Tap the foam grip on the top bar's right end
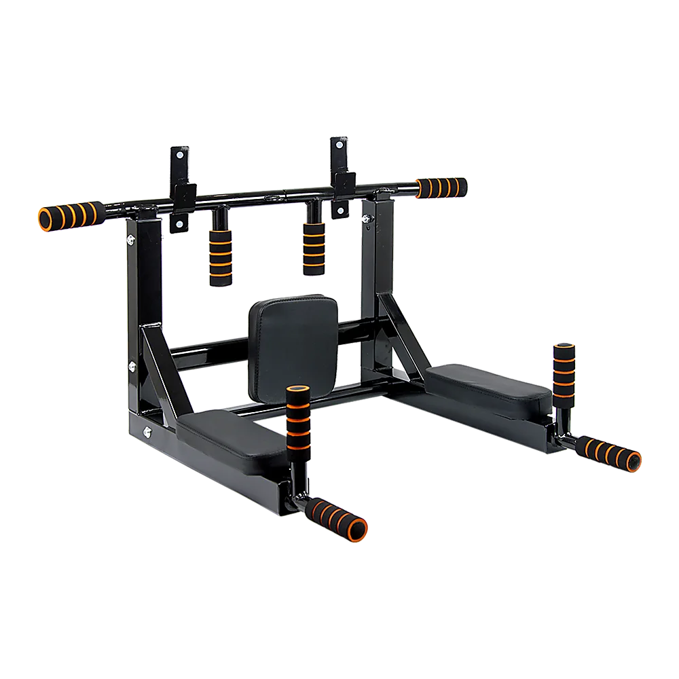[x=442, y=187]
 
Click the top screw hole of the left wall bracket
[x=179, y=156]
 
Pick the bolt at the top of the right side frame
[x=367, y=219]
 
